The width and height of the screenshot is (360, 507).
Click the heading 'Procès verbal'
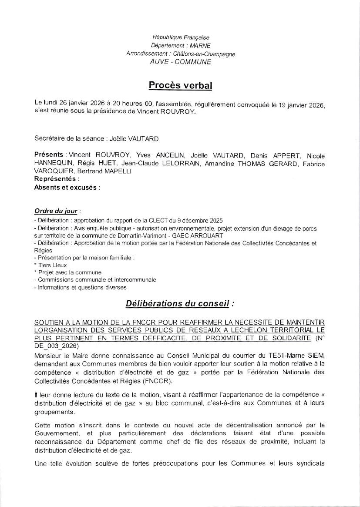pyautogui.click(x=180, y=85)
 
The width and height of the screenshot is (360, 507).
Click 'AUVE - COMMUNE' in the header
pyautogui.click(x=180, y=62)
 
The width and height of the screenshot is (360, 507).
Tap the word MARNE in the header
pyautogui.click(x=198, y=46)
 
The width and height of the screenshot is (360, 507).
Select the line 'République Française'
pyautogui.click(x=180, y=38)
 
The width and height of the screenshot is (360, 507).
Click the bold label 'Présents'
pyautogui.click(x=49, y=155)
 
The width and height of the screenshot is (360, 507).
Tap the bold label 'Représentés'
pyautogui.click(x=56, y=179)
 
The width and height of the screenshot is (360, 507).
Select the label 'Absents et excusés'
pyautogui.click(x=67, y=188)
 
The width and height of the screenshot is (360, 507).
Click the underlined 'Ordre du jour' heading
pyautogui.click(x=56, y=211)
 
